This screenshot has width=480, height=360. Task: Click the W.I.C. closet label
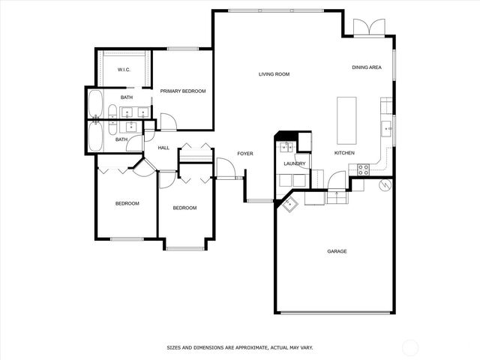(124, 70)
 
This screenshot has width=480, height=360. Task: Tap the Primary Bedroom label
(183, 91)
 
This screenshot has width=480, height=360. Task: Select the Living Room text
(274, 74)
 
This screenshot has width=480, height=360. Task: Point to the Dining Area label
(367, 67)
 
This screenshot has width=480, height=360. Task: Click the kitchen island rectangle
(347, 120)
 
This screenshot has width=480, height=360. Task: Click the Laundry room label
(294, 163)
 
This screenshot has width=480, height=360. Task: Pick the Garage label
(337, 251)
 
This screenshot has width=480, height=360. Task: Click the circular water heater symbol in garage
(385, 184)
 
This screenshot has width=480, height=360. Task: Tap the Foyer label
(245, 154)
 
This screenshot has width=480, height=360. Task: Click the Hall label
(163, 148)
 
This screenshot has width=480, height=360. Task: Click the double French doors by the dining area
(368, 26)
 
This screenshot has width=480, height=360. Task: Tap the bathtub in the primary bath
(97, 104)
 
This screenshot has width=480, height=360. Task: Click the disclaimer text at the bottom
(239, 347)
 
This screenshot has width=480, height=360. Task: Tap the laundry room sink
(286, 180)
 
